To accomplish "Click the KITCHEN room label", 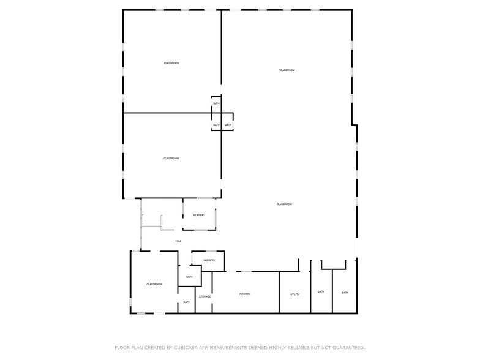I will (x=244, y=294).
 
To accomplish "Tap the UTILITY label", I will (x=294, y=294).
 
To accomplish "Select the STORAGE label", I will (x=204, y=297).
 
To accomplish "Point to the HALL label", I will (x=178, y=241).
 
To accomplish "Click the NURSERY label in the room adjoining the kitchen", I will (x=209, y=261).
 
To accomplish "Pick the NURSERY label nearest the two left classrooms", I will (x=199, y=216).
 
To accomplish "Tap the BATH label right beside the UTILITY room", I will (x=321, y=292).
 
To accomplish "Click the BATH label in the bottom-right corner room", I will (x=345, y=293).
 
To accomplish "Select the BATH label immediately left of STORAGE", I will (x=186, y=302).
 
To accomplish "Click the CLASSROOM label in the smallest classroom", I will (x=154, y=285).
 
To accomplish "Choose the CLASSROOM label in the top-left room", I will (x=171, y=64).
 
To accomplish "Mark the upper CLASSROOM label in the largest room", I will (x=287, y=70).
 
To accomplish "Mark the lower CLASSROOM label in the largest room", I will (x=283, y=204).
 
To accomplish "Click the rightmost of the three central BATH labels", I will (x=228, y=125).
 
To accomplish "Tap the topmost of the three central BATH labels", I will (x=216, y=103).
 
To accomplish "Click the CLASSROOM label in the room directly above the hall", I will (x=171, y=159).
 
